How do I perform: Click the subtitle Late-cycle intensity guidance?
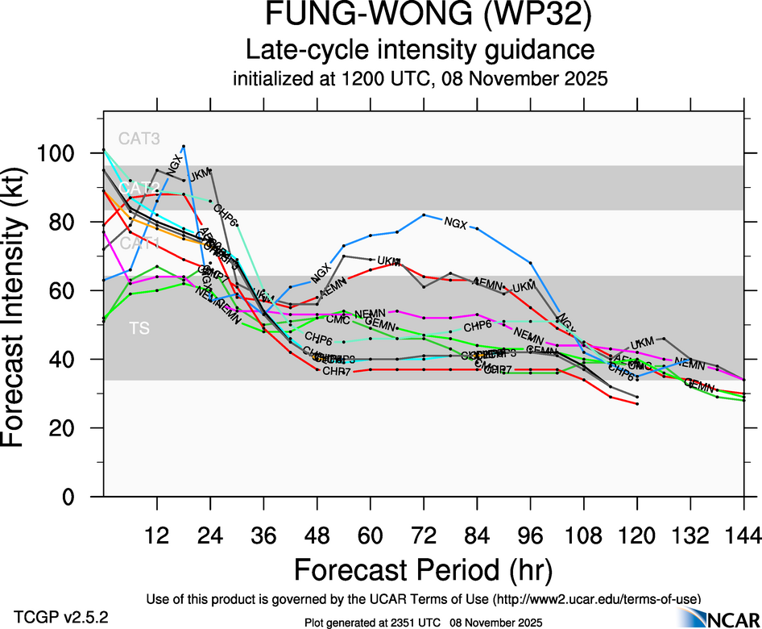coord(420,50)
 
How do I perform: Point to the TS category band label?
coord(138,328)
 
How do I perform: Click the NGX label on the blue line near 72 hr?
coord(455,223)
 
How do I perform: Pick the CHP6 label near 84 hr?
coord(478,325)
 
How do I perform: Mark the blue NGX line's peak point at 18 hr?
coord(184,146)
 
